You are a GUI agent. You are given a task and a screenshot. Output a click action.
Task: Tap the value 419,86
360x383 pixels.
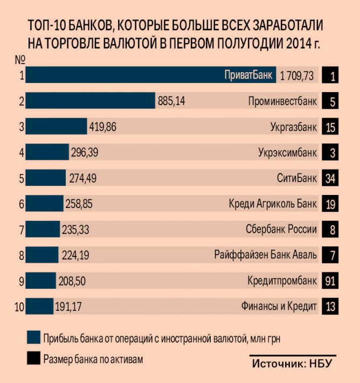click(x=102, y=127)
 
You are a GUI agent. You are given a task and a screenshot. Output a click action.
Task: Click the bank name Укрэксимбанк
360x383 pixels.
click(x=288, y=153)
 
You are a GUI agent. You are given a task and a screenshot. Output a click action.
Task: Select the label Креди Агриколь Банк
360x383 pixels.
click(x=273, y=204)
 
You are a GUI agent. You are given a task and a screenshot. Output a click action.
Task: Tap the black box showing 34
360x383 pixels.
click(x=330, y=178)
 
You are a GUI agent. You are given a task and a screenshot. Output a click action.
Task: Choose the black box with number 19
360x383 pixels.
click(x=330, y=204)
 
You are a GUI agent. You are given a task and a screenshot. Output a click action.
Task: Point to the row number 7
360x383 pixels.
click(x=22, y=230)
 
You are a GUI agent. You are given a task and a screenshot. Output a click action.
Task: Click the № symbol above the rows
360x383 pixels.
click(x=21, y=58)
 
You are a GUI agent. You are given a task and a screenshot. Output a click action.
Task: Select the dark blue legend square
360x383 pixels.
click(x=33, y=338)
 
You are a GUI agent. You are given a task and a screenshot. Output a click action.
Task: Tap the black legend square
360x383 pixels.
click(x=33, y=358)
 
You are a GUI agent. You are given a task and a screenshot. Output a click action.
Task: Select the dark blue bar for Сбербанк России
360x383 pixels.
click(x=43, y=230)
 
